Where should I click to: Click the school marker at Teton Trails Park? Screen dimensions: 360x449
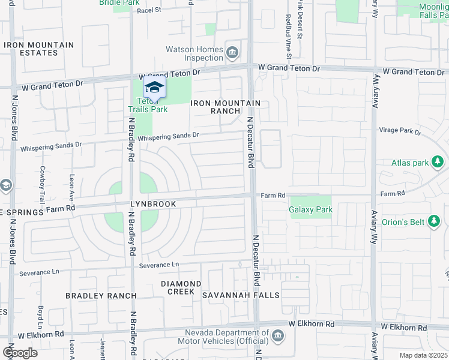coord(154,88)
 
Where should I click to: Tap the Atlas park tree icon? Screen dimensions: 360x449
coord(438,162)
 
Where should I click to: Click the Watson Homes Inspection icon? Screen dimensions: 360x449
coord(232,54)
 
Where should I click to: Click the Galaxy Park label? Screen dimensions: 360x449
coord(310,210)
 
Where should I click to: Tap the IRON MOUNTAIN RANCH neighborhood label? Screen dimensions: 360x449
coord(226,107)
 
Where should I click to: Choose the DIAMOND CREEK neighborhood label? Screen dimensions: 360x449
coord(181,287)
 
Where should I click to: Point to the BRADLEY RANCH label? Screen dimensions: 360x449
coord(101,296)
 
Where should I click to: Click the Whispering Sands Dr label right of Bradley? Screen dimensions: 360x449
coord(168,136)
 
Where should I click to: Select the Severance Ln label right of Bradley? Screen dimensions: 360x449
coord(158,265)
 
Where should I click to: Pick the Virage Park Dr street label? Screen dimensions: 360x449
coord(400,130)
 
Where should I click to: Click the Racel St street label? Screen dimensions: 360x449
coord(149,10)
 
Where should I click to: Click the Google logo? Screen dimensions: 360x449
coord(19,353)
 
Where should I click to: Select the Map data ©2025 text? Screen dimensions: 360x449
coord(423,355)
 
